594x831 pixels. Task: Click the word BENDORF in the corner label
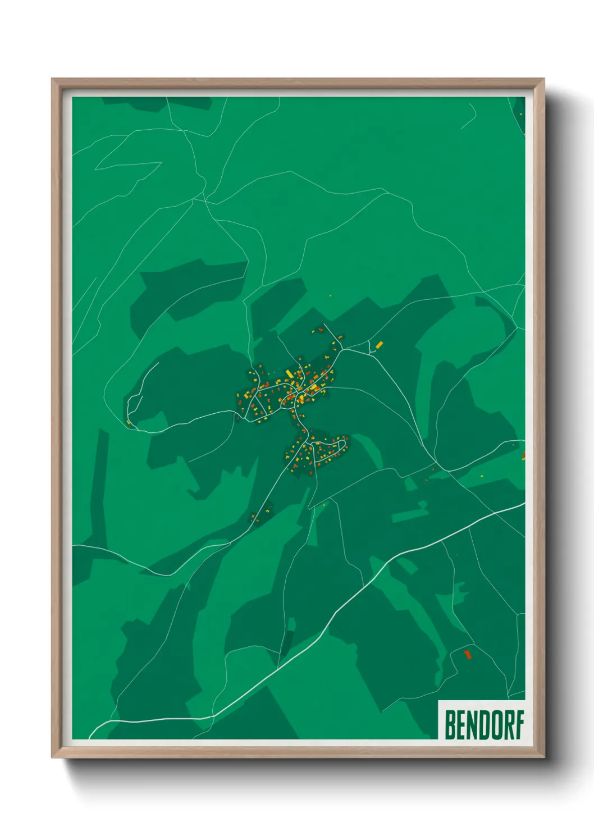pos(484,725)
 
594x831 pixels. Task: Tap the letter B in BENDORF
pos(450,725)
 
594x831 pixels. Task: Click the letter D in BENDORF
pos(483,725)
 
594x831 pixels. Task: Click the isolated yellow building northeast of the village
pos(380,344)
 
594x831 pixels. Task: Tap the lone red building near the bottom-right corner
pos(467,654)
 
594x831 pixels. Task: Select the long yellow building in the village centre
pos(289,374)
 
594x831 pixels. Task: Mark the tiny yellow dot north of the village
pos(330,295)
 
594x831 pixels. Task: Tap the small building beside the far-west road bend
pos(129,422)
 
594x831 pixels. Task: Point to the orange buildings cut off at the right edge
pos(523,456)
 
